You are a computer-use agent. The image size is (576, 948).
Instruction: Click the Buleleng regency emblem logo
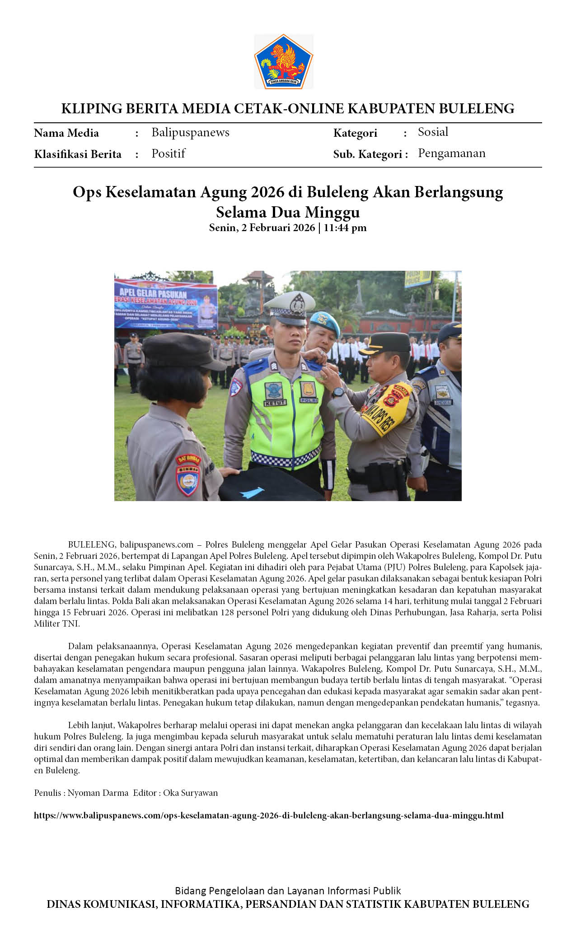[x=284, y=62]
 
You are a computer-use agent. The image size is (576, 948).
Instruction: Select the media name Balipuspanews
[x=190, y=132]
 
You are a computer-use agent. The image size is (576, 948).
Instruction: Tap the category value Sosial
[x=433, y=132]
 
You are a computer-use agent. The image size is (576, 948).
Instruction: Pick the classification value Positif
[x=168, y=153]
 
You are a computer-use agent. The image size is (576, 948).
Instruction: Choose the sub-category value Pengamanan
[x=451, y=153]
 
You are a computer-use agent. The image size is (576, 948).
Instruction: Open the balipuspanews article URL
[x=268, y=815]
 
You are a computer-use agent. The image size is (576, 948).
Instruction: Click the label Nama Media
[x=66, y=133]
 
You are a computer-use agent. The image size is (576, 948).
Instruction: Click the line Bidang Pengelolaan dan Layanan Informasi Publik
[x=288, y=890]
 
